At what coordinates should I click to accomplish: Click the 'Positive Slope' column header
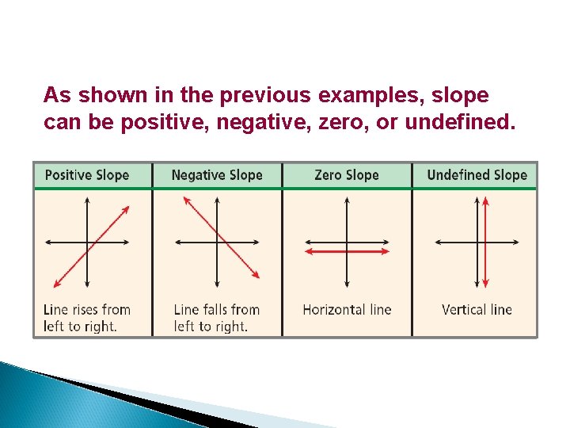[x=87, y=175]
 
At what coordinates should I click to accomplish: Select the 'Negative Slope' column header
[x=217, y=175]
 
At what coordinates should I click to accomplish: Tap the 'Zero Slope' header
[x=347, y=175]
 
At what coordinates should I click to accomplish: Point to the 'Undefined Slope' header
[x=477, y=175]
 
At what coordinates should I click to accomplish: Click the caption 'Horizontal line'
[x=347, y=309]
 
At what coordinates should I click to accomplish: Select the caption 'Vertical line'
[x=477, y=309]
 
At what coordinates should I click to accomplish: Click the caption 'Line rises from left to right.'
[x=87, y=317]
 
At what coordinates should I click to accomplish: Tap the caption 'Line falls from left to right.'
[x=217, y=317]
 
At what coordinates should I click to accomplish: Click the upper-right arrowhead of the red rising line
[x=126, y=209]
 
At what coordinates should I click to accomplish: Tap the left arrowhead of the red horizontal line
[x=309, y=250]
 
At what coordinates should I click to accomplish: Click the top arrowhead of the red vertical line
[x=486, y=201]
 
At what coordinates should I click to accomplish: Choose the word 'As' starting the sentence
[x=55, y=96]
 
